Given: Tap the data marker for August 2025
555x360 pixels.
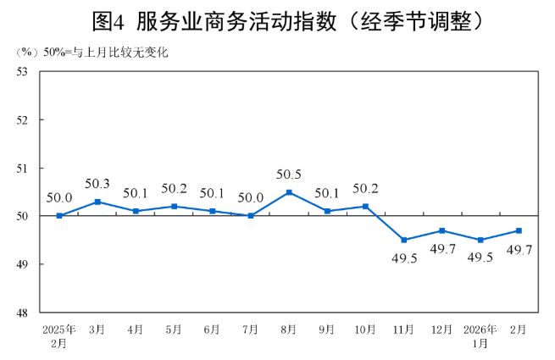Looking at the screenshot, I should click(289, 192).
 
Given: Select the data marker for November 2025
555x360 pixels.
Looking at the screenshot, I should click(403, 240).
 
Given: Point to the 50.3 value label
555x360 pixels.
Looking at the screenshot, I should click(97, 184).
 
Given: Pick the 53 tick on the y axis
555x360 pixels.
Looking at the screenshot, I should click(22, 72).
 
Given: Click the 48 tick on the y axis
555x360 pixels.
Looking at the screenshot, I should click(22, 313).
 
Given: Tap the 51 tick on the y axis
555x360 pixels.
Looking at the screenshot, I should click(22, 169).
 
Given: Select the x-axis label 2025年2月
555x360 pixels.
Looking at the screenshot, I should click(59, 335).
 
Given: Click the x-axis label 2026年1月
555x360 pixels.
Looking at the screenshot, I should click(480, 335).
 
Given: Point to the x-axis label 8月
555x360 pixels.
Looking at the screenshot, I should click(289, 329).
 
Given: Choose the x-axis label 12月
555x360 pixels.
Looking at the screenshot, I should click(441, 329).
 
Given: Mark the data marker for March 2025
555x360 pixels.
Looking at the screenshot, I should click(97, 202).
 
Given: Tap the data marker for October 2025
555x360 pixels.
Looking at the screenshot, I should click(365, 207).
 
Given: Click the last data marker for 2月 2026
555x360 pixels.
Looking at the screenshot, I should click(519, 230).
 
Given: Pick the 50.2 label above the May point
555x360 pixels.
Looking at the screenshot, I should click(175, 189).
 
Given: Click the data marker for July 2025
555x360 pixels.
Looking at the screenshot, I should click(251, 216).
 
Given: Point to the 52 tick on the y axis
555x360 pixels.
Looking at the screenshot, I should click(22, 120).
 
